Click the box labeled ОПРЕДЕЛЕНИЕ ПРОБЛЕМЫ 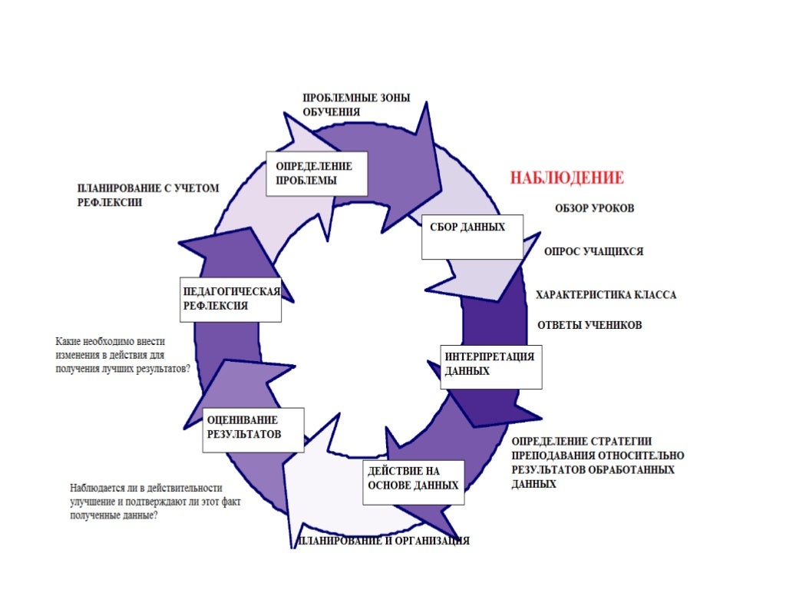[x=316, y=174]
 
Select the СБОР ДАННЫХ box [x=472, y=237]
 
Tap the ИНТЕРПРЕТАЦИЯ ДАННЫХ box [x=491, y=367]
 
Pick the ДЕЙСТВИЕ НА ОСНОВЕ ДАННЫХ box [x=413, y=481]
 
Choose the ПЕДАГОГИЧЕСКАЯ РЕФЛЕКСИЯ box [x=230, y=299]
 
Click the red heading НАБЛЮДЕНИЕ [x=567, y=178]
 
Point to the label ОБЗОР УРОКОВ [x=595, y=209]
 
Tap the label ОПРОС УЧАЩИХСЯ [x=593, y=251]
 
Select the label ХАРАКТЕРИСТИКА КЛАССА [x=606, y=295]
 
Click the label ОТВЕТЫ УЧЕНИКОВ [x=589, y=325]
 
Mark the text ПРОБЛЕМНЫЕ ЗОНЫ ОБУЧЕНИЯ [x=355, y=105]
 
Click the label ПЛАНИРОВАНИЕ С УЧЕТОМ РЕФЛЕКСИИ [x=148, y=195]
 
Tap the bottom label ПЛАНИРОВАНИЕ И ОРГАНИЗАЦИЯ [x=384, y=541]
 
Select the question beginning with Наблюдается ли [x=145, y=502]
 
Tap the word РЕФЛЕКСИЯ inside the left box [x=215, y=306]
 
